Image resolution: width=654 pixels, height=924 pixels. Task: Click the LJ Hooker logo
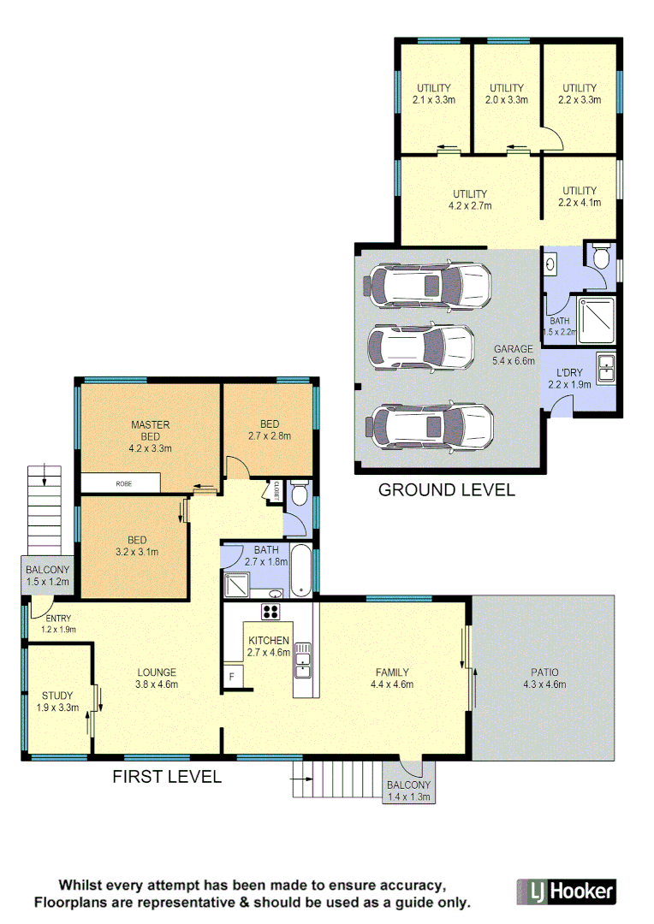pos(566,891)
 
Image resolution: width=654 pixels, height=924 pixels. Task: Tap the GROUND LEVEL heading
pos(446,490)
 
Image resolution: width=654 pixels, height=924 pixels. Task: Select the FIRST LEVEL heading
pos(167,777)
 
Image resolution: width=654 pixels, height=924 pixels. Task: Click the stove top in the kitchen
pos(271,611)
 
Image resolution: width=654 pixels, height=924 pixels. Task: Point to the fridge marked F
pos(232,676)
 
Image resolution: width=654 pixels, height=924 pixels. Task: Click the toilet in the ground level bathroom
pos(601,255)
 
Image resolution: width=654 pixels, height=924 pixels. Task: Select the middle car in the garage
pos(420,346)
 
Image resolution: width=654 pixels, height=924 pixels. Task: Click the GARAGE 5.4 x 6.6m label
pos(514,355)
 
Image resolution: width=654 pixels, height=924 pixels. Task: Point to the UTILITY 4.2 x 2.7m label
pos(469,199)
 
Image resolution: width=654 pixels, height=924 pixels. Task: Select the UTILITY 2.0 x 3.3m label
pos(507,93)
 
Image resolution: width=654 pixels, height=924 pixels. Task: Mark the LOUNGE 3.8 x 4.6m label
pos(156,678)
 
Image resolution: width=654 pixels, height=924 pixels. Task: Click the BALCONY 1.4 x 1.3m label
pos(409,791)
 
